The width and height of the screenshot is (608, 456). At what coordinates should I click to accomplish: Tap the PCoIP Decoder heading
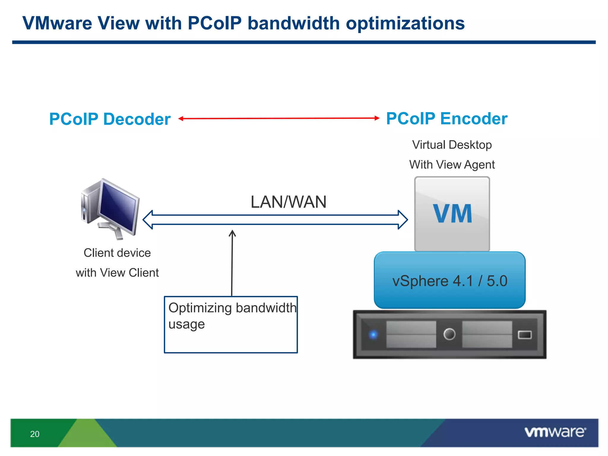pos(110,119)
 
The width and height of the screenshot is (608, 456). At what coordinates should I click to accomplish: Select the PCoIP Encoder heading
pos(446,118)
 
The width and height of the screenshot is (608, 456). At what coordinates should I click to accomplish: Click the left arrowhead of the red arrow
pos(180,118)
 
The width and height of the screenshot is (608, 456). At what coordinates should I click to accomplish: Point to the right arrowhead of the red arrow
pos(377,118)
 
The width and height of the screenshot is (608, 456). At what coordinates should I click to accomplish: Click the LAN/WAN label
pos(288,202)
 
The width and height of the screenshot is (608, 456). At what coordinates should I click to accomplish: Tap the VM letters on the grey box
pos(452,213)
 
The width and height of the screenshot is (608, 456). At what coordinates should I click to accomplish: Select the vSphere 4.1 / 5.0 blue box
pos(449,280)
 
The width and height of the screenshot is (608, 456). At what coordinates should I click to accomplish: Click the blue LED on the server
pos(373,335)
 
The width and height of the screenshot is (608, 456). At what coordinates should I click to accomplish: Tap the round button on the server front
pos(449,334)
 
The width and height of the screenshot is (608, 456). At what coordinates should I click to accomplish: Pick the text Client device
pos(117,253)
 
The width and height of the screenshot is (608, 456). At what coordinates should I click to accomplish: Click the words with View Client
pos(117,273)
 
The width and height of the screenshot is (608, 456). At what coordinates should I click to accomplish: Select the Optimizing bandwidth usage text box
pos(231,324)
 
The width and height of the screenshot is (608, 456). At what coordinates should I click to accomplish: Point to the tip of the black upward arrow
pos(232,231)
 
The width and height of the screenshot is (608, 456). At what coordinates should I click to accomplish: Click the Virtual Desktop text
pos(452,145)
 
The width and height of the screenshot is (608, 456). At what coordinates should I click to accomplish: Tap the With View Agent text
pos(452,164)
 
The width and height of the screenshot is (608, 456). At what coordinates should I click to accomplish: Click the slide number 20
pos(35,434)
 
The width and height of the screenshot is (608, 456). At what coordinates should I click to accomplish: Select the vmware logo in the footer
pos(555,432)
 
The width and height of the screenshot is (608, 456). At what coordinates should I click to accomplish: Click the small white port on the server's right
pos(525,335)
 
